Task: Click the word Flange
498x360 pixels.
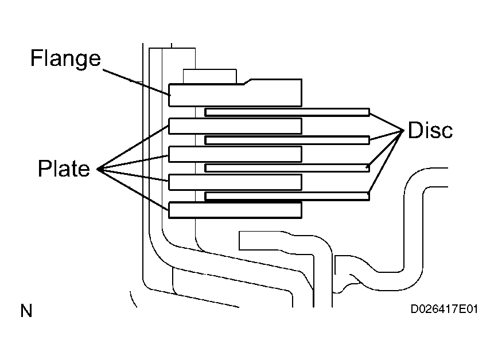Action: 66,58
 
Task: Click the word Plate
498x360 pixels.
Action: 64,169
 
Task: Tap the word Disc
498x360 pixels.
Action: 430,130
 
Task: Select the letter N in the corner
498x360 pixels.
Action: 26,311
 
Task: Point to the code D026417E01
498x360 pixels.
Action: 444,309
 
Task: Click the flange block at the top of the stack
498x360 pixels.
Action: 235,93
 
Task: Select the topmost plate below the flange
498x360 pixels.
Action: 235,126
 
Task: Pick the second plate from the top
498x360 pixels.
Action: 235,154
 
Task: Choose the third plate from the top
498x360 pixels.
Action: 235,182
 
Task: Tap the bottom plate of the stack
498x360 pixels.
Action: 235,210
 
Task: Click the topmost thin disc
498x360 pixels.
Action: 287,112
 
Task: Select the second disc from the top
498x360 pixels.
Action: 287,140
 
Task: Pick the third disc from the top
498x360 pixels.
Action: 287,168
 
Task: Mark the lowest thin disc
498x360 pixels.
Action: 287,196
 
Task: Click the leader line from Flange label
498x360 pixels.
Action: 137,82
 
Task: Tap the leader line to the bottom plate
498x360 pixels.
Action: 133,190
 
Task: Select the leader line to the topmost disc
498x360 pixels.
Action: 387,122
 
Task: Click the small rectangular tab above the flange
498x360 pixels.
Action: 209,76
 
